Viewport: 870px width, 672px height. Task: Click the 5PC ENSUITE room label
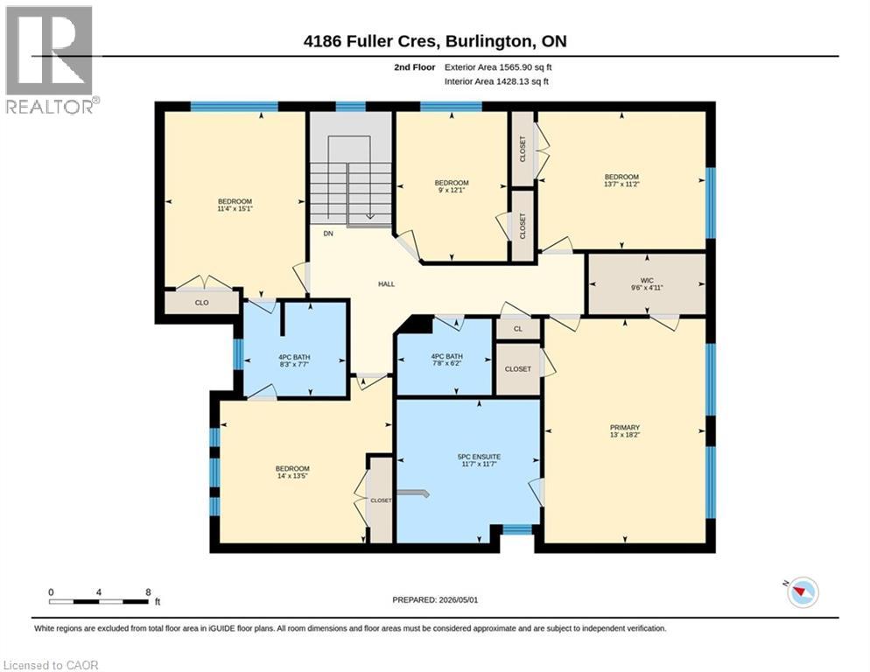[479, 457]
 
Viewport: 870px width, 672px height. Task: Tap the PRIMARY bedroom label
[625, 427]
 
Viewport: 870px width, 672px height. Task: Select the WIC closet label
[647, 280]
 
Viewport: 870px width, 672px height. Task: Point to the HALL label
[386, 284]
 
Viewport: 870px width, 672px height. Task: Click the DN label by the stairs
[328, 234]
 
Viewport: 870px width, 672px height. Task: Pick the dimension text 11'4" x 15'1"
[235, 208]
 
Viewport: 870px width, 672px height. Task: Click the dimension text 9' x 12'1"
[452, 190]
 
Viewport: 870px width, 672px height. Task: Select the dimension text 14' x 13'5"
[292, 475]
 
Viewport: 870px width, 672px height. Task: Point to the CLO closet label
[202, 303]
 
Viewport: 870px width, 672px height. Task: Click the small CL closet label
[517, 329]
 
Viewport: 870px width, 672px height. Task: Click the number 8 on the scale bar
[148, 592]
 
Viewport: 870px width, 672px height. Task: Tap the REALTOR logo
[51, 59]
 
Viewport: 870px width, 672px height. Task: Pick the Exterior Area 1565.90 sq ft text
[498, 67]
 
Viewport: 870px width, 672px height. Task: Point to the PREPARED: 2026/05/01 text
[435, 600]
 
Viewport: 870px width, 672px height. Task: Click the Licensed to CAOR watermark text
[51, 665]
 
